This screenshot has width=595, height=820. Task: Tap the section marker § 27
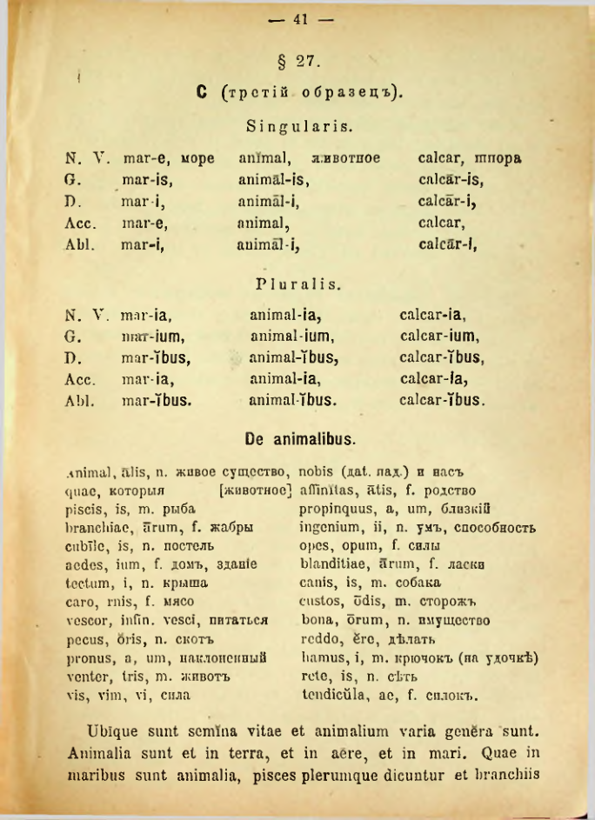pyautogui.click(x=298, y=62)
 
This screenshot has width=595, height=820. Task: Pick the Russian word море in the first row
pyautogui.click(x=197, y=160)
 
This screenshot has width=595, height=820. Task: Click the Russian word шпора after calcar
pyautogui.click(x=498, y=160)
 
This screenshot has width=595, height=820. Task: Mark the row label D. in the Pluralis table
pyautogui.click(x=73, y=358)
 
